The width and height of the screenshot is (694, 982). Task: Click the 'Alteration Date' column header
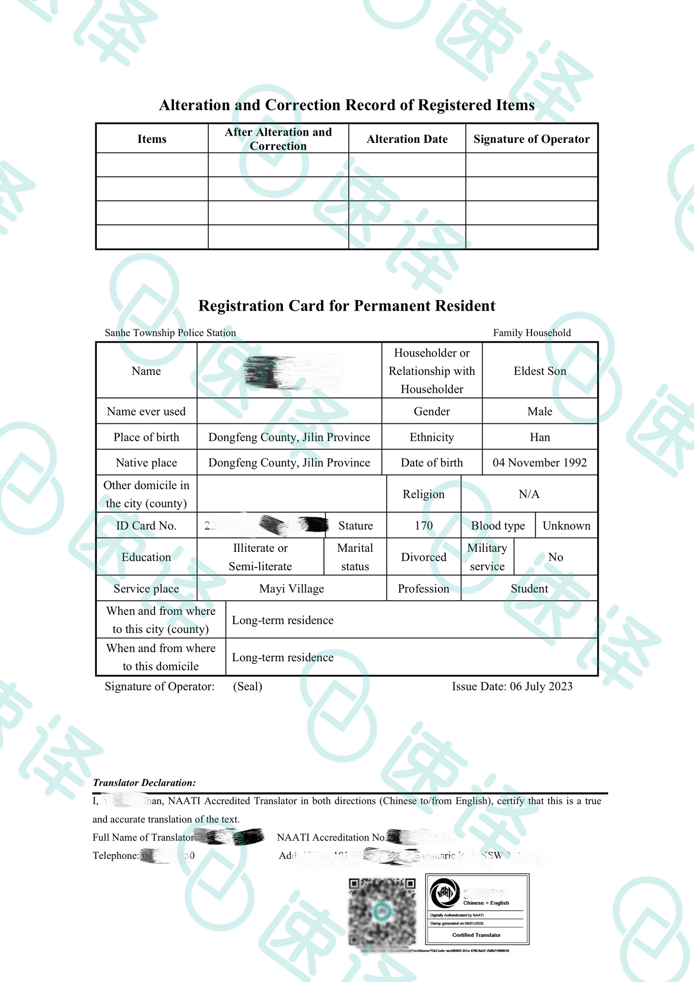coord(407,139)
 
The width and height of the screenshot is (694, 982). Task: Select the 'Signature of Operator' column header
coord(532,139)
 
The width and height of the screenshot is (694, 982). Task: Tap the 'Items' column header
coord(152,139)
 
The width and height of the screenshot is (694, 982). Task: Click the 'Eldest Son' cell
coord(540,371)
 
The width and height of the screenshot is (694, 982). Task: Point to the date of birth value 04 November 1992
coord(540,463)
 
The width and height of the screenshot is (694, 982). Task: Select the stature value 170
coord(424,526)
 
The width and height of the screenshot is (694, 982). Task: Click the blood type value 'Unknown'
coord(567,526)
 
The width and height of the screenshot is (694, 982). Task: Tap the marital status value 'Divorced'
coord(424,557)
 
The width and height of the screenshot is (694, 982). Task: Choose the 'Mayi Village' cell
coord(291,589)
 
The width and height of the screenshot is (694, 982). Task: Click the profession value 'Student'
coord(529,589)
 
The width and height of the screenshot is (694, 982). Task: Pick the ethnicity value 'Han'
coord(540,437)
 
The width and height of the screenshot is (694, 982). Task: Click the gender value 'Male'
coord(540,411)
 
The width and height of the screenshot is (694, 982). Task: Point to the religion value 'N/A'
coord(529,494)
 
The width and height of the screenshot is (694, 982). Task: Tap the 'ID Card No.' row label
coord(146,526)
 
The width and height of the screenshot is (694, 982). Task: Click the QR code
coord(382,912)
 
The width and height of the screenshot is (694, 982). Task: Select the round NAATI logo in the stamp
coord(444,893)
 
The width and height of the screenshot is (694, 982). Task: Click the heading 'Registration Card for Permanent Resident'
coord(347,306)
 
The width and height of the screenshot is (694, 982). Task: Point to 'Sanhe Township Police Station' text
coord(170,333)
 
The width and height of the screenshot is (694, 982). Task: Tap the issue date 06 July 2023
coord(512,687)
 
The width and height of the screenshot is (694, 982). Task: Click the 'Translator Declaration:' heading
coord(144,783)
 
